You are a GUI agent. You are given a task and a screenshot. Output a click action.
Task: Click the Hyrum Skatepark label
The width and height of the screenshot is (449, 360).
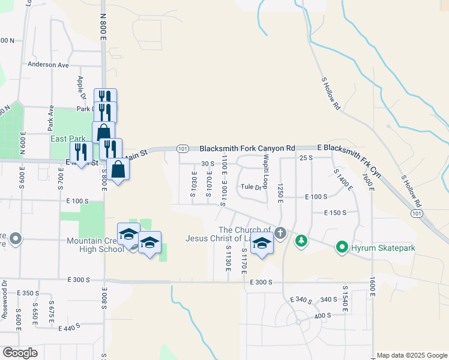[x=384, y=247]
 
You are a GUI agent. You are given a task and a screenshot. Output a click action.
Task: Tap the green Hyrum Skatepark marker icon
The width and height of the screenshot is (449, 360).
[x=342, y=247]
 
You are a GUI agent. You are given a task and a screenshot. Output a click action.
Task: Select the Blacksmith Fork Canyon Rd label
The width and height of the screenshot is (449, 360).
[x=247, y=148]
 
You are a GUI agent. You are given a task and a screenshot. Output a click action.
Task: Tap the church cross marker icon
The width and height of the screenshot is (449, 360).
[x=280, y=231]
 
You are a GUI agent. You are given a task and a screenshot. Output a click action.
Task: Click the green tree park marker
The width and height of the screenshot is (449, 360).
[x=301, y=241]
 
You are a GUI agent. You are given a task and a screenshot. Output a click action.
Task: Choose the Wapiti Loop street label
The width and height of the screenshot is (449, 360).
[x=264, y=168]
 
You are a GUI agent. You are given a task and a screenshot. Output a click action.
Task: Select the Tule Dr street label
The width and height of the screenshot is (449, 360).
[x=252, y=187]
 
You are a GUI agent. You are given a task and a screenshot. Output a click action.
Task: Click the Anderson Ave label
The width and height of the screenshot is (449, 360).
[x=48, y=64]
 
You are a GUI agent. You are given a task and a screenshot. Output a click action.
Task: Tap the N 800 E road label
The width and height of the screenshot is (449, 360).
[x=103, y=26]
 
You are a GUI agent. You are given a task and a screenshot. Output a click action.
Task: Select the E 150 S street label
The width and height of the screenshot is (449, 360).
[x=336, y=212]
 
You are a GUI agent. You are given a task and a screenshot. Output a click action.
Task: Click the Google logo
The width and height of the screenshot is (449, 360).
[x=20, y=353]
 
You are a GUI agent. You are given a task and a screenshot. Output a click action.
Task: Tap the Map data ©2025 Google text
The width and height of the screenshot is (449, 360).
[x=411, y=355]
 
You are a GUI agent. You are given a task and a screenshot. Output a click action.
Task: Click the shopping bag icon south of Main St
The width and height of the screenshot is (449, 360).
[x=119, y=170]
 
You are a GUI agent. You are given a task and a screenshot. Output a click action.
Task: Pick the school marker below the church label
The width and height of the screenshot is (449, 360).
[x=262, y=244]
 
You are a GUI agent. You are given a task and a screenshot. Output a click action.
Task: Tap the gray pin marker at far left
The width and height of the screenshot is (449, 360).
[x=16, y=239]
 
